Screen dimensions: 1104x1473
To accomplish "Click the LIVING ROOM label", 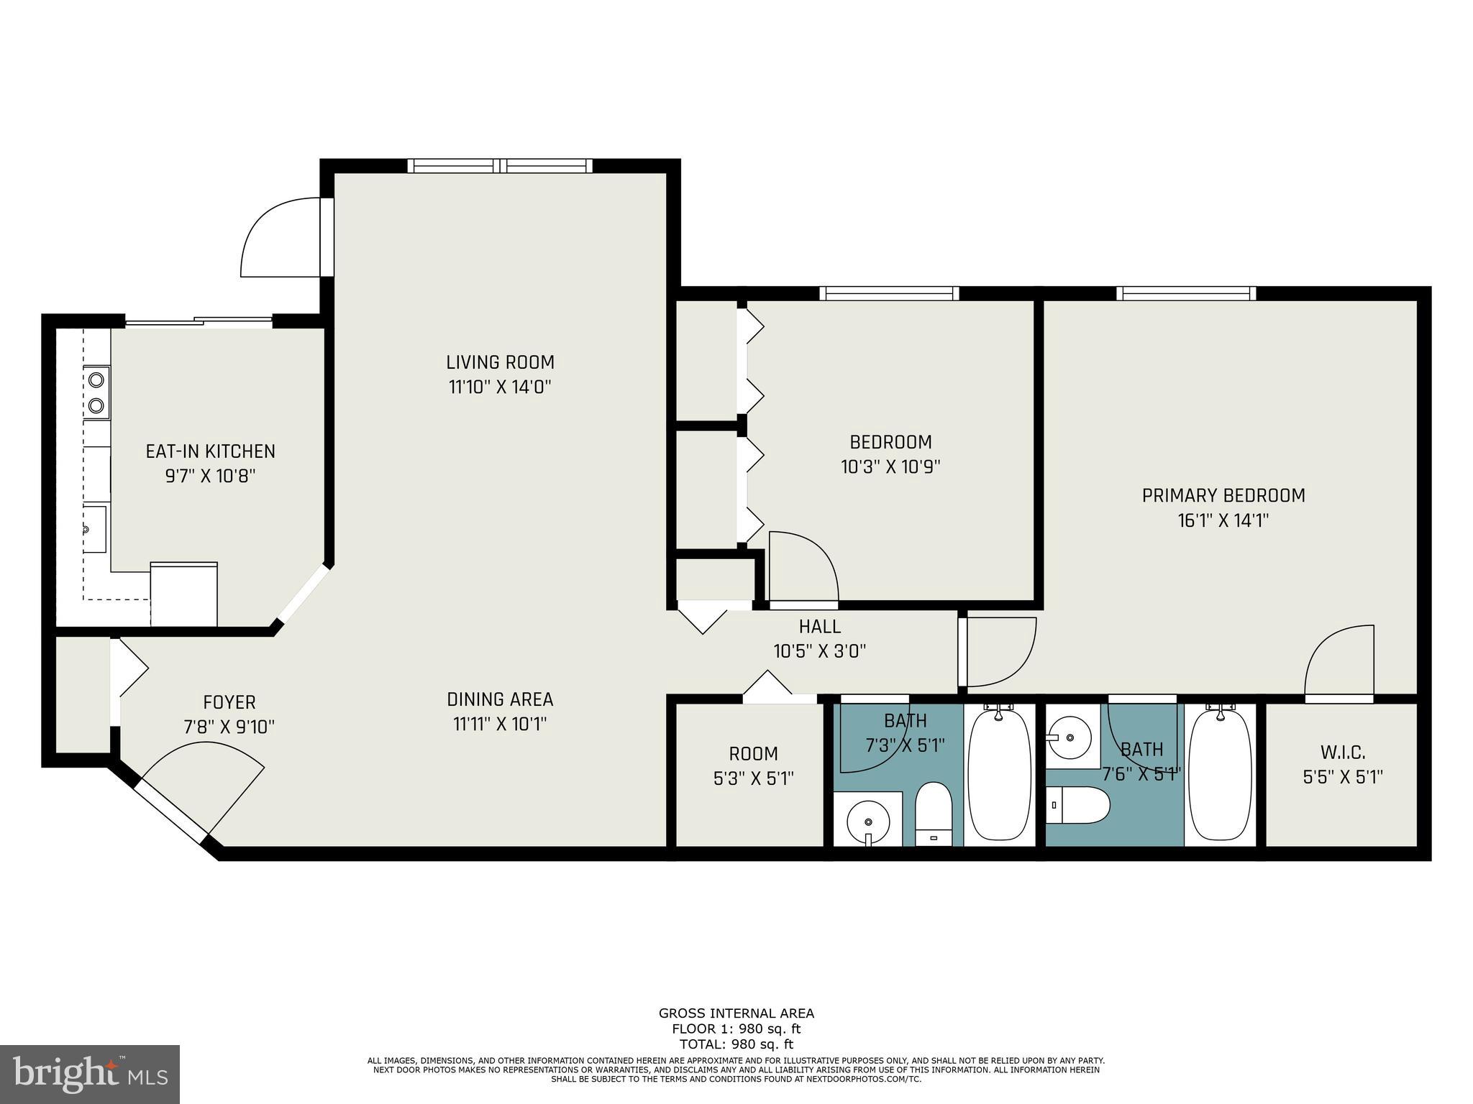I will [500, 362].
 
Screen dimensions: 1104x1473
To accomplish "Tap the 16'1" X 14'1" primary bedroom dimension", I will [1223, 520].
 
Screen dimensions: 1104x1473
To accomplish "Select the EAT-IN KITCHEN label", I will [210, 451].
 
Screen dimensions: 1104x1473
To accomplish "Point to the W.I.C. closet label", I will [1343, 753].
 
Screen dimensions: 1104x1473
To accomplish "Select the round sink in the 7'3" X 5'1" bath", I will [868, 820].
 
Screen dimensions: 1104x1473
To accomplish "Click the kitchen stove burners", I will [96, 392].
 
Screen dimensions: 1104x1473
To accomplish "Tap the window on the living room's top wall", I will [500, 166].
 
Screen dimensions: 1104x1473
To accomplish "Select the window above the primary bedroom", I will [1186, 293].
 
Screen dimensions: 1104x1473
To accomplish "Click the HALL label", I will [819, 627].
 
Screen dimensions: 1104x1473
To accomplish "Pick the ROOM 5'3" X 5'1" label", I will [753, 754].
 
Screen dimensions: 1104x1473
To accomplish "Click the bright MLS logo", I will [90, 1074].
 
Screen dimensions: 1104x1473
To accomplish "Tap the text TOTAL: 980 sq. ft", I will [736, 1044].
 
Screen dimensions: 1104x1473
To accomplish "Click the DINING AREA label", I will [500, 699].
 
